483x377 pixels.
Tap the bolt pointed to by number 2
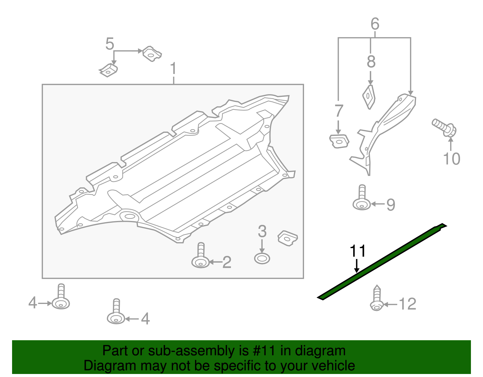pyautogui.click(x=200, y=257)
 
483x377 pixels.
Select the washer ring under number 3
pyautogui.click(x=262, y=259)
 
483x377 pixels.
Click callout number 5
pyautogui.click(x=110, y=44)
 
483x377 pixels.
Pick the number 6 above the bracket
pyautogui.click(x=375, y=24)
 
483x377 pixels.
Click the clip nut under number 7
pyautogui.click(x=339, y=141)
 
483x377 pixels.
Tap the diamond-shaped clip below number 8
pyautogui.click(x=369, y=96)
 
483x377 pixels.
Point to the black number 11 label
pyautogui.click(x=358, y=251)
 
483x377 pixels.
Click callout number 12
pyautogui.click(x=408, y=304)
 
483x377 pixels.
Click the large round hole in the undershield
pyautogui.click(x=130, y=216)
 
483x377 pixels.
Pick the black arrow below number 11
pyautogui.click(x=357, y=266)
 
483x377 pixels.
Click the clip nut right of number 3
pyautogui.click(x=288, y=238)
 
